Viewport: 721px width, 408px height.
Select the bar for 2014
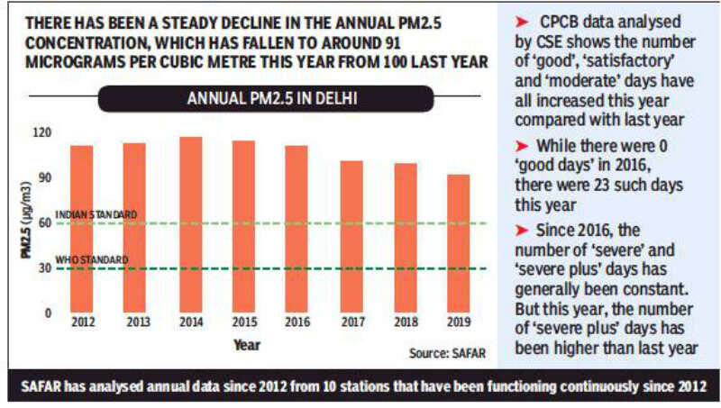point(190,224)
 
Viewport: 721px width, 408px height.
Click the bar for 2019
point(459,243)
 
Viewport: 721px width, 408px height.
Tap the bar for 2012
point(82,229)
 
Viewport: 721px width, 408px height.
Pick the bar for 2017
point(351,236)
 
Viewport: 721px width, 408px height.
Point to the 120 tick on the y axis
point(41,131)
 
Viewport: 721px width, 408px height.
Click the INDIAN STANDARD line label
point(96,214)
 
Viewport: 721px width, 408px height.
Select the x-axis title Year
point(247,344)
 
